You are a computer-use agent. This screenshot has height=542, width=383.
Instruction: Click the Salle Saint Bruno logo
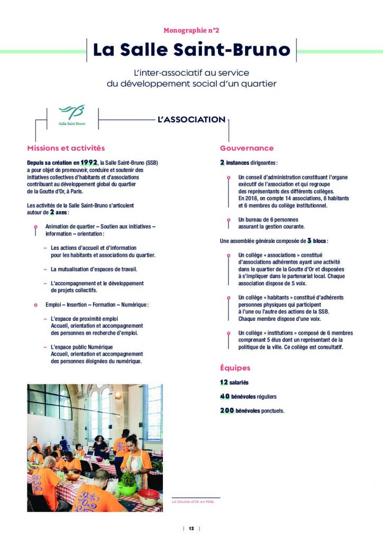71,116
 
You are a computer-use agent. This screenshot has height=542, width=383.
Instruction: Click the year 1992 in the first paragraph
89,162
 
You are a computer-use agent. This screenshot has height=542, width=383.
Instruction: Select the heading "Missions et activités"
66,148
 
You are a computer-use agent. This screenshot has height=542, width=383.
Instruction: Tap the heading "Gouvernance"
247,148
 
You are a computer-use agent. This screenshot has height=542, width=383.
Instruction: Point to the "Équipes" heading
235,368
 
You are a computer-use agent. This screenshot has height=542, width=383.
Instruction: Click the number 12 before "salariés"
224,382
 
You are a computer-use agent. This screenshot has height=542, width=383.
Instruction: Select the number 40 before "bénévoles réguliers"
225,396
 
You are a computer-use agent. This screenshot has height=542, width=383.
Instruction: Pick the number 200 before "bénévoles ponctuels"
227,410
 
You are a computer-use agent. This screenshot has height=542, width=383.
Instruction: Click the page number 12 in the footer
191,528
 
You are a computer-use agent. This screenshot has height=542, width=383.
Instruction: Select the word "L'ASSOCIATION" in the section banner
191,120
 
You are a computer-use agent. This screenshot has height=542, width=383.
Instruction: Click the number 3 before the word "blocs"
309,240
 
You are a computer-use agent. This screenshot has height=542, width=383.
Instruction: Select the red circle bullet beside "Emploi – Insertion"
35,305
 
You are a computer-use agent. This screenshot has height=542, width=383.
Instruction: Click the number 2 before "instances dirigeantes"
222,162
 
